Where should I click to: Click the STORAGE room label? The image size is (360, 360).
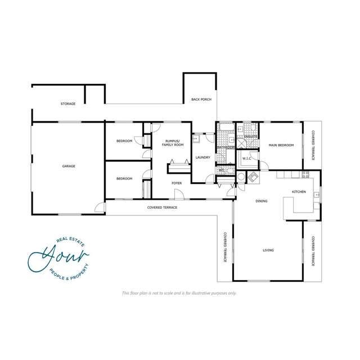68,104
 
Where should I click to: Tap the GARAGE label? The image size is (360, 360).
69,166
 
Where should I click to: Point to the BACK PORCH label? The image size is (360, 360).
201,100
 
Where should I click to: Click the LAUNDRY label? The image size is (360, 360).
202,157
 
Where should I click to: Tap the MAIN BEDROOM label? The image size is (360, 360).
281,145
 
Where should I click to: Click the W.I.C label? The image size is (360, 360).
247,159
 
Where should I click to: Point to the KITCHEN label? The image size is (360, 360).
298,192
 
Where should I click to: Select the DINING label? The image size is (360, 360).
261,201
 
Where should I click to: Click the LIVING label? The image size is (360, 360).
268,250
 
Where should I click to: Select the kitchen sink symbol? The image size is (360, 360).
317,195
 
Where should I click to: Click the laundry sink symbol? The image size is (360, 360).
196,137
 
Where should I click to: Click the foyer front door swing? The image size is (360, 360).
177,194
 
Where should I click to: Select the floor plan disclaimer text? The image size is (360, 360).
179,293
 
